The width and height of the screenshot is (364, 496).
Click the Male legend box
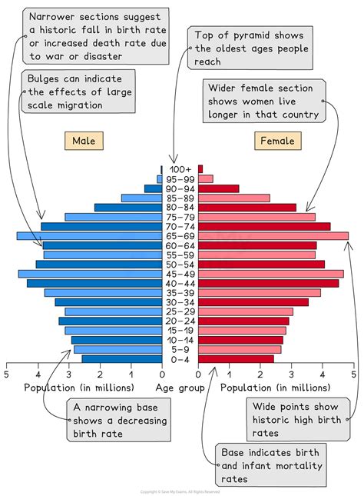coord(84,141)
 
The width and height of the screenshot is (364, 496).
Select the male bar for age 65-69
coord(89,236)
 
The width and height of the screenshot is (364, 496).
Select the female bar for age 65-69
coord(273,236)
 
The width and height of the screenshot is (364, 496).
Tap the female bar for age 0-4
coord(236,358)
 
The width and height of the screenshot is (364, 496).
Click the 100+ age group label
coord(180,169)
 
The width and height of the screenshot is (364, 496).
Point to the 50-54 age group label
coord(180,264)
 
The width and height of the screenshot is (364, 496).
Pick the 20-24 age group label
coord(180,321)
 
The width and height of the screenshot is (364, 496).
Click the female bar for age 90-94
coord(218,188)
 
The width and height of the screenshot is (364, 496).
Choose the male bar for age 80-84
coord(128,208)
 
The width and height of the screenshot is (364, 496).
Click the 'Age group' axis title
coord(180,388)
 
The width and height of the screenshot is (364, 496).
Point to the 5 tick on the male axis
coord(7,374)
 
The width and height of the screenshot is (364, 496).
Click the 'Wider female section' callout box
coord(262,102)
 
